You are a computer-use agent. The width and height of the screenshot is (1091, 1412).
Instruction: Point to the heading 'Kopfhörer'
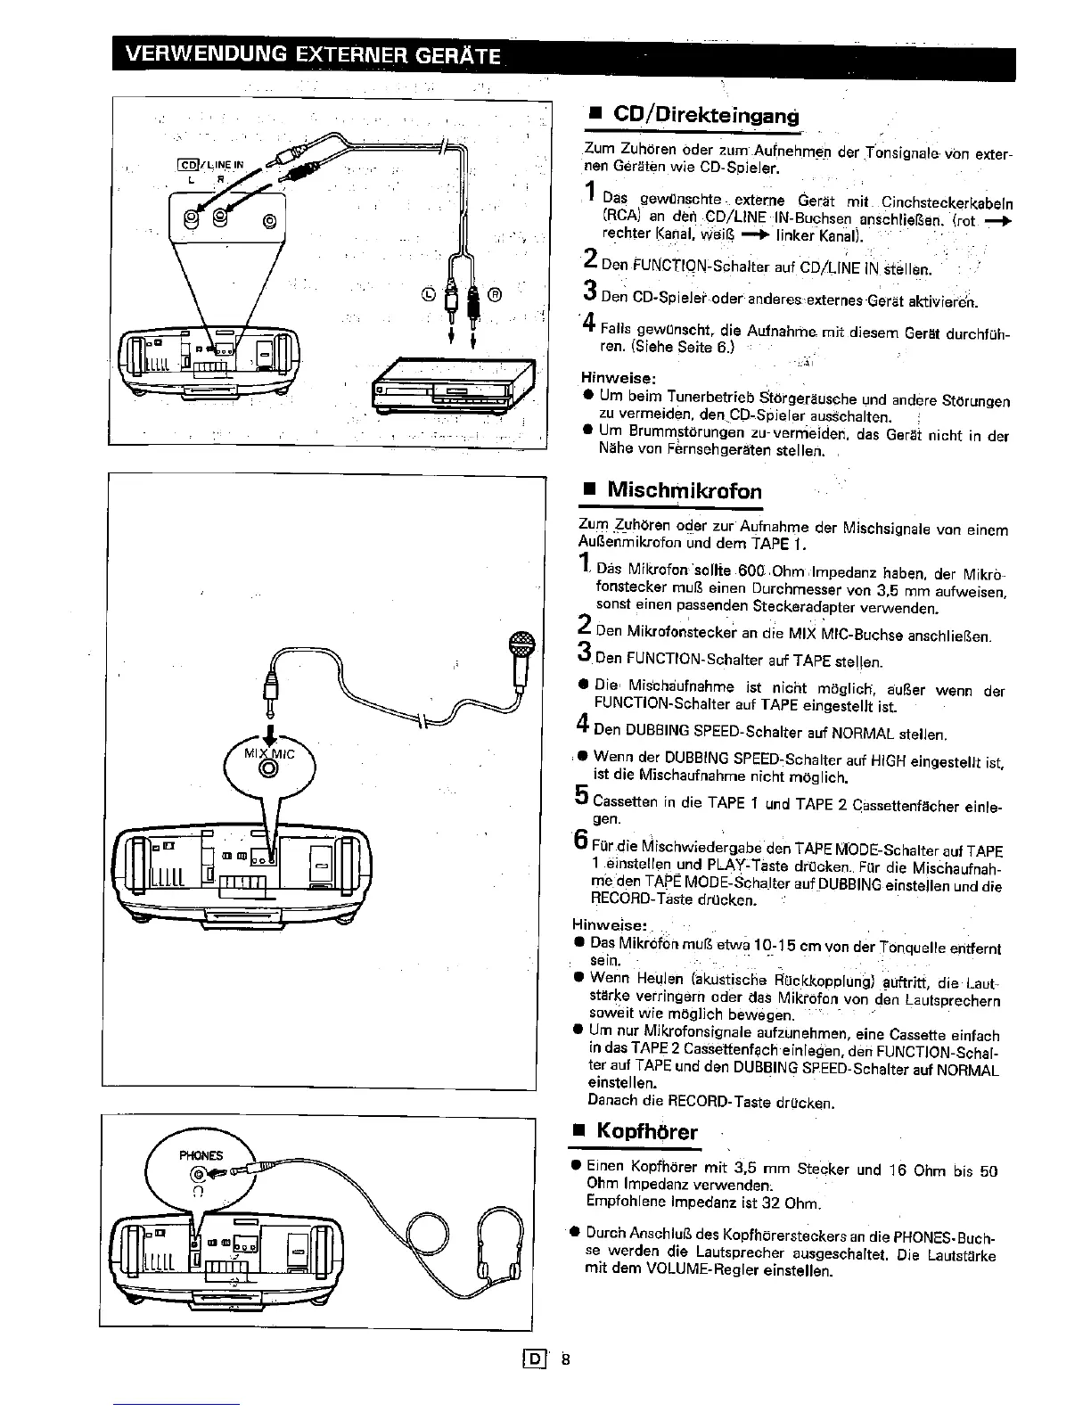(x=646, y=1131)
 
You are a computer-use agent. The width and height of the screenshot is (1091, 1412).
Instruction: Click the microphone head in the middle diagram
(x=520, y=644)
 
